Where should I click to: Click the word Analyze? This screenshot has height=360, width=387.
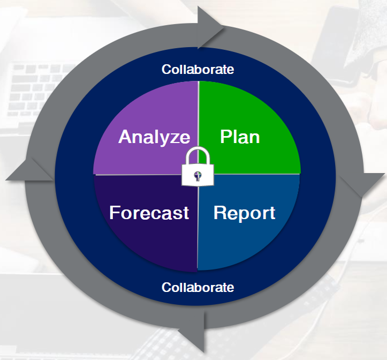[154, 137]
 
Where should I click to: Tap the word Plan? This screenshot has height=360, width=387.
[240, 137]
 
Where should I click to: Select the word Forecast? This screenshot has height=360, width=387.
[149, 213]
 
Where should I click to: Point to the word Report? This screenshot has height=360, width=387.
[244, 213]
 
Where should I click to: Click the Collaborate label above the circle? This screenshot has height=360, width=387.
[198, 70]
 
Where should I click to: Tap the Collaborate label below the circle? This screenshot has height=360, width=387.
[198, 288]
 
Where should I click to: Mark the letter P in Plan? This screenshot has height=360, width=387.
[226, 137]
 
